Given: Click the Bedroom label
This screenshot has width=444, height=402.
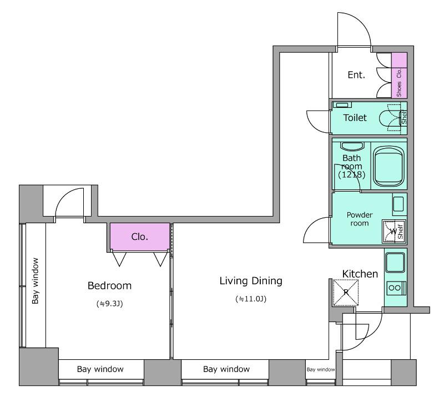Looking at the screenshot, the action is [109, 285].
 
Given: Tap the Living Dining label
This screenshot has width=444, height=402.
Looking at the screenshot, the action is [251, 281].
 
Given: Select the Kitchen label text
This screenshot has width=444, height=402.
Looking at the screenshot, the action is [360, 274].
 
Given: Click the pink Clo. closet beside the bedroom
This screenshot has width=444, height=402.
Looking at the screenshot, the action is [140, 237].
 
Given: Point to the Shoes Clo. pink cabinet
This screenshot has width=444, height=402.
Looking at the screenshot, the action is [399, 76].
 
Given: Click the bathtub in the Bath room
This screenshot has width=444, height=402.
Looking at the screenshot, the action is [389, 166].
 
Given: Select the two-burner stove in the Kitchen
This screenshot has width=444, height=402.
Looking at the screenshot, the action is [396, 288].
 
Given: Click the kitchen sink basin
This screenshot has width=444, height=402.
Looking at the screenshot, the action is [395, 262].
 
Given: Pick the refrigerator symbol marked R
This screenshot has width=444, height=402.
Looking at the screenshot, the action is [346, 293].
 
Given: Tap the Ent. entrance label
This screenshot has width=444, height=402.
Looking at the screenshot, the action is [356, 75].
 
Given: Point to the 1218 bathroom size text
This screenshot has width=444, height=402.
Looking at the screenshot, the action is [352, 174].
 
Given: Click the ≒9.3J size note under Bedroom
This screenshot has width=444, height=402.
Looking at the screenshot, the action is [109, 304].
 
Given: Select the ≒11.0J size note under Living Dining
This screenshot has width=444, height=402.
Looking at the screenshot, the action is [251, 299].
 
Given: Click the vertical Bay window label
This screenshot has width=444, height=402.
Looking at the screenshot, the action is [36, 281].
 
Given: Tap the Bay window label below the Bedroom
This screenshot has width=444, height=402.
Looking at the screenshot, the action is [100, 369].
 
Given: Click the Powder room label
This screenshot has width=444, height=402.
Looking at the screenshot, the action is [360, 219].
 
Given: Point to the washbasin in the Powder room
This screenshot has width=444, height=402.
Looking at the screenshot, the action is [398, 204].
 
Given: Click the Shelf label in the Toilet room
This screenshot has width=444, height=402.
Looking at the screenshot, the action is [404, 117].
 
